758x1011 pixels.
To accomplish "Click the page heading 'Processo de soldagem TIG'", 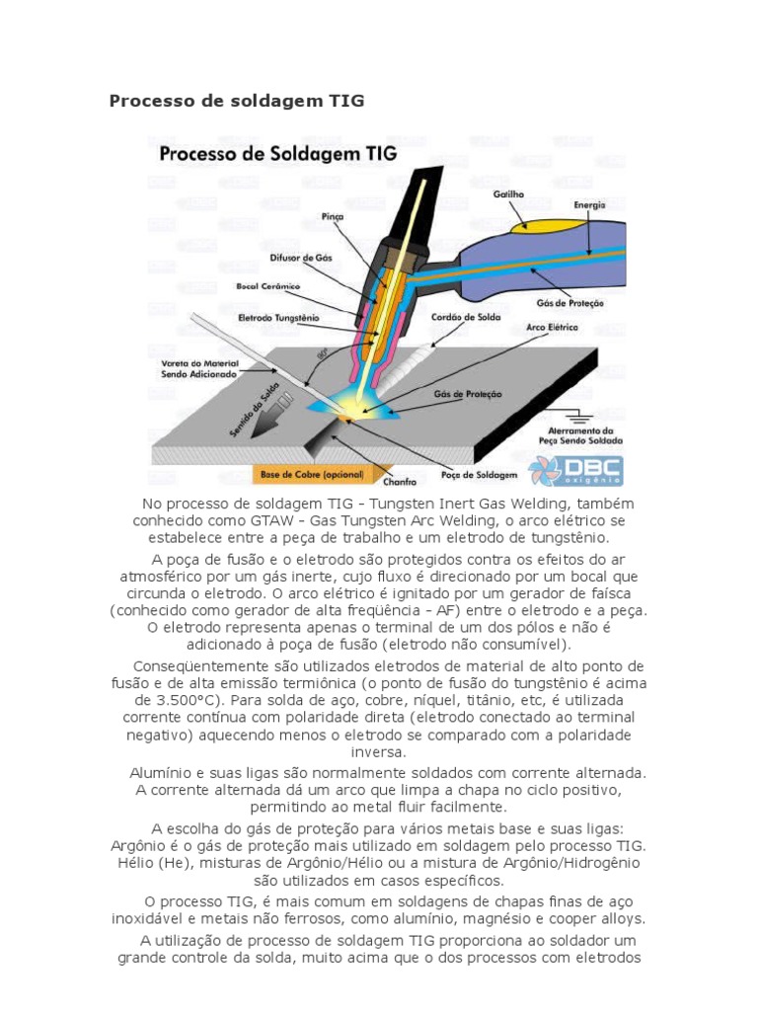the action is click(x=236, y=101).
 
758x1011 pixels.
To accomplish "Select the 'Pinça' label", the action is click(x=333, y=216).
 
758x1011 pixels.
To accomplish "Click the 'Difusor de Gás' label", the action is click(x=301, y=257).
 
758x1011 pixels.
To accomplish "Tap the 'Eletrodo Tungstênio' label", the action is click(x=279, y=318).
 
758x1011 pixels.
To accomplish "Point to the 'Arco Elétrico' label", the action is click(x=553, y=326).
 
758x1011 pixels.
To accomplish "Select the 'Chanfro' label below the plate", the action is click(x=400, y=482).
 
